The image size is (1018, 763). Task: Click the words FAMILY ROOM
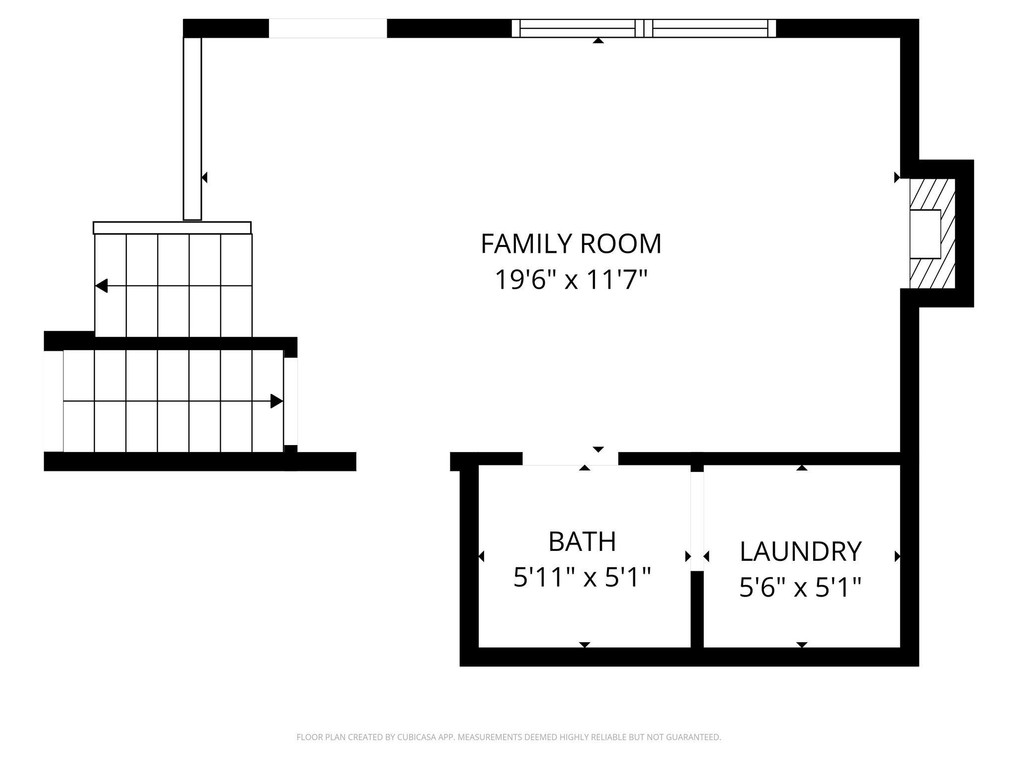click(x=571, y=244)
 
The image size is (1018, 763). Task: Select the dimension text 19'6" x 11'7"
click(x=571, y=280)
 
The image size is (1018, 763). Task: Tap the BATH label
click(x=582, y=541)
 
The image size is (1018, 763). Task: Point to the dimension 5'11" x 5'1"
click(x=582, y=578)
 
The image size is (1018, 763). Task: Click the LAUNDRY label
click(x=800, y=551)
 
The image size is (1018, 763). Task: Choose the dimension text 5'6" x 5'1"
click(x=800, y=588)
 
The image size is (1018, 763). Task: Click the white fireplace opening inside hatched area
click(x=925, y=233)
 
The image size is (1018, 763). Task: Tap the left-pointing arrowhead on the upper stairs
click(x=101, y=286)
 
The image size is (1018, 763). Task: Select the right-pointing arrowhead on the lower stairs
click(x=276, y=401)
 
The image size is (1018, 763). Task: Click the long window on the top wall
click(x=643, y=28)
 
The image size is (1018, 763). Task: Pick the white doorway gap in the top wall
click(x=328, y=28)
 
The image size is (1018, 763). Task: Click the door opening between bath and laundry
click(x=697, y=521)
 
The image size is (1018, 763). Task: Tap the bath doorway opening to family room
click(x=570, y=458)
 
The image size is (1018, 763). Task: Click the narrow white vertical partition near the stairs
click(x=192, y=128)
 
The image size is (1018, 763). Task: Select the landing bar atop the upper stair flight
click(x=172, y=228)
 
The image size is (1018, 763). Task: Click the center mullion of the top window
click(x=643, y=28)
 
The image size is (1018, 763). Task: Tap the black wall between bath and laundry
click(x=697, y=610)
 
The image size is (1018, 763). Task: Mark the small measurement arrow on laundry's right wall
click(x=897, y=556)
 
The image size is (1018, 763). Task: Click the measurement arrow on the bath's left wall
click(x=481, y=556)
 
